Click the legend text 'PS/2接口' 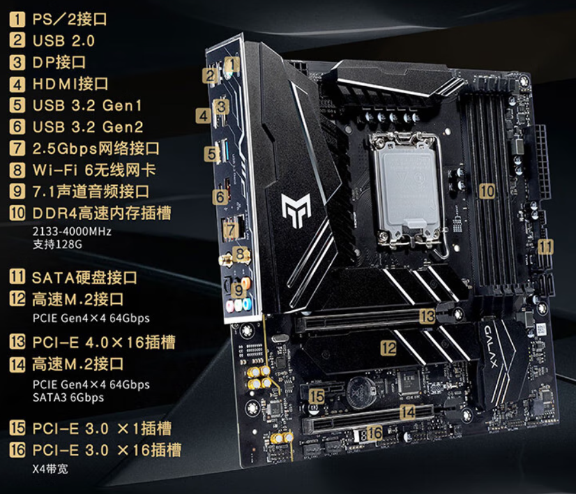click(x=70, y=19)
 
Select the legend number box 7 click(x=17, y=148)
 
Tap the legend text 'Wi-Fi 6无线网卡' click(x=95, y=170)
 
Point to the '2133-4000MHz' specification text click(x=72, y=232)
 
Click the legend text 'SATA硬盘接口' click(x=84, y=278)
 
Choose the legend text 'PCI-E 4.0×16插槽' click(x=104, y=342)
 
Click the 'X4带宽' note click(x=50, y=469)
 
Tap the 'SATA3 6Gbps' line click(x=68, y=398)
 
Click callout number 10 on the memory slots click(x=487, y=191)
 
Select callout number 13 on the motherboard click(x=427, y=316)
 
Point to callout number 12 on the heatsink click(x=389, y=348)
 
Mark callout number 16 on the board click(x=374, y=433)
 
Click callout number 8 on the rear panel click(x=239, y=254)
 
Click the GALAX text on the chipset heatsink click(x=491, y=346)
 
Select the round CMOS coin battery click(x=361, y=394)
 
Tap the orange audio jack click(x=246, y=283)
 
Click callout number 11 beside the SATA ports click(x=546, y=247)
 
